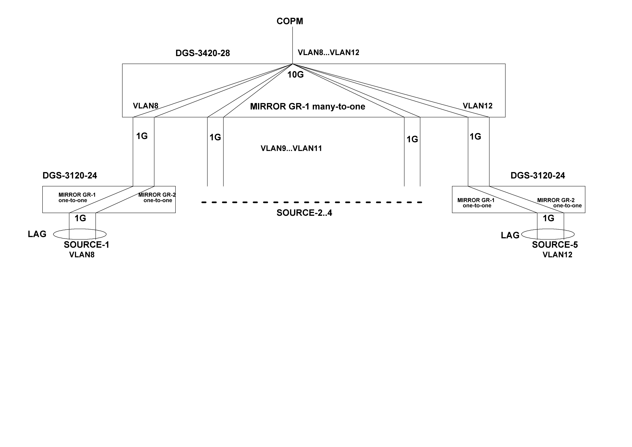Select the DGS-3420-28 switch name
203,53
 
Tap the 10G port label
295,75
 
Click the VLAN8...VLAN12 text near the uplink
328,52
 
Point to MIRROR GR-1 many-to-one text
308,107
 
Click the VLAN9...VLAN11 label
291,149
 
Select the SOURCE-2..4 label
304,213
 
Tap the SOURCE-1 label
86,245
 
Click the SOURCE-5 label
555,245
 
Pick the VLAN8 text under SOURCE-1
82,255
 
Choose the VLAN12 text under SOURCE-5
557,255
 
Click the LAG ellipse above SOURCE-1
80,234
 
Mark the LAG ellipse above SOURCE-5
548,234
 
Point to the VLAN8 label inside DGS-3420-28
145,106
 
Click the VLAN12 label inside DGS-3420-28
478,106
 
